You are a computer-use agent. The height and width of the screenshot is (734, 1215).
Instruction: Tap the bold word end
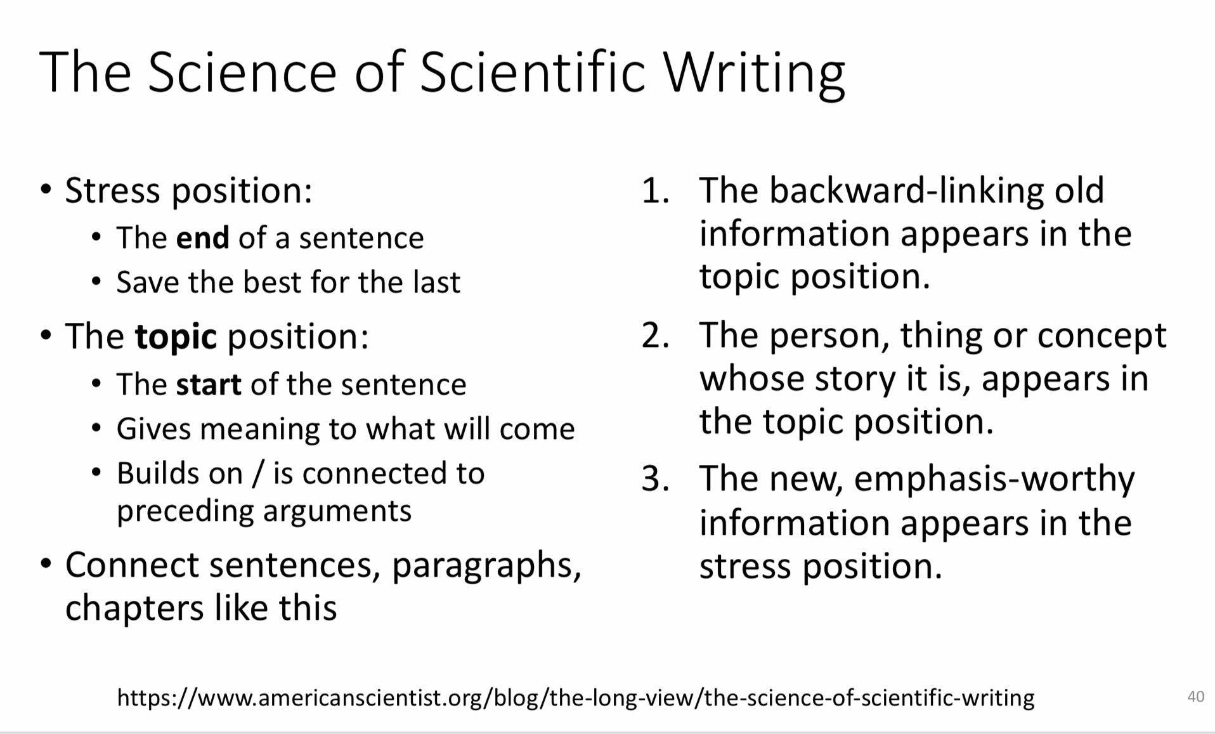click(202, 238)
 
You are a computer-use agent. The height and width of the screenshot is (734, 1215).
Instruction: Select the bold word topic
click(176, 336)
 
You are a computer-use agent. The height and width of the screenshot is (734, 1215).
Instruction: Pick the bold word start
click(209, 384)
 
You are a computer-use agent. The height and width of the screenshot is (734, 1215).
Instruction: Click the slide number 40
click(1195, 697)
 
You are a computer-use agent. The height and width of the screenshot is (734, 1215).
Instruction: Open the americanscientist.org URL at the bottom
click(575, 698)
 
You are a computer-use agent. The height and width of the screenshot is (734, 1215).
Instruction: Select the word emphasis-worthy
click(994, 480)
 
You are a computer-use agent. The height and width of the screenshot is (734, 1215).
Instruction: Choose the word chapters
click(134, 608)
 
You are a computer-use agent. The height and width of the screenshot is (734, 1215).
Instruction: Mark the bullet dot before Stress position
click(46, 190)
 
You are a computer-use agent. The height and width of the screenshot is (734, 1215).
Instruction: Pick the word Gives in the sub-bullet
click(153, 429)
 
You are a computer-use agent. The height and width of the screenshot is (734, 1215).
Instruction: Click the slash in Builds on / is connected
click(257, 474)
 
